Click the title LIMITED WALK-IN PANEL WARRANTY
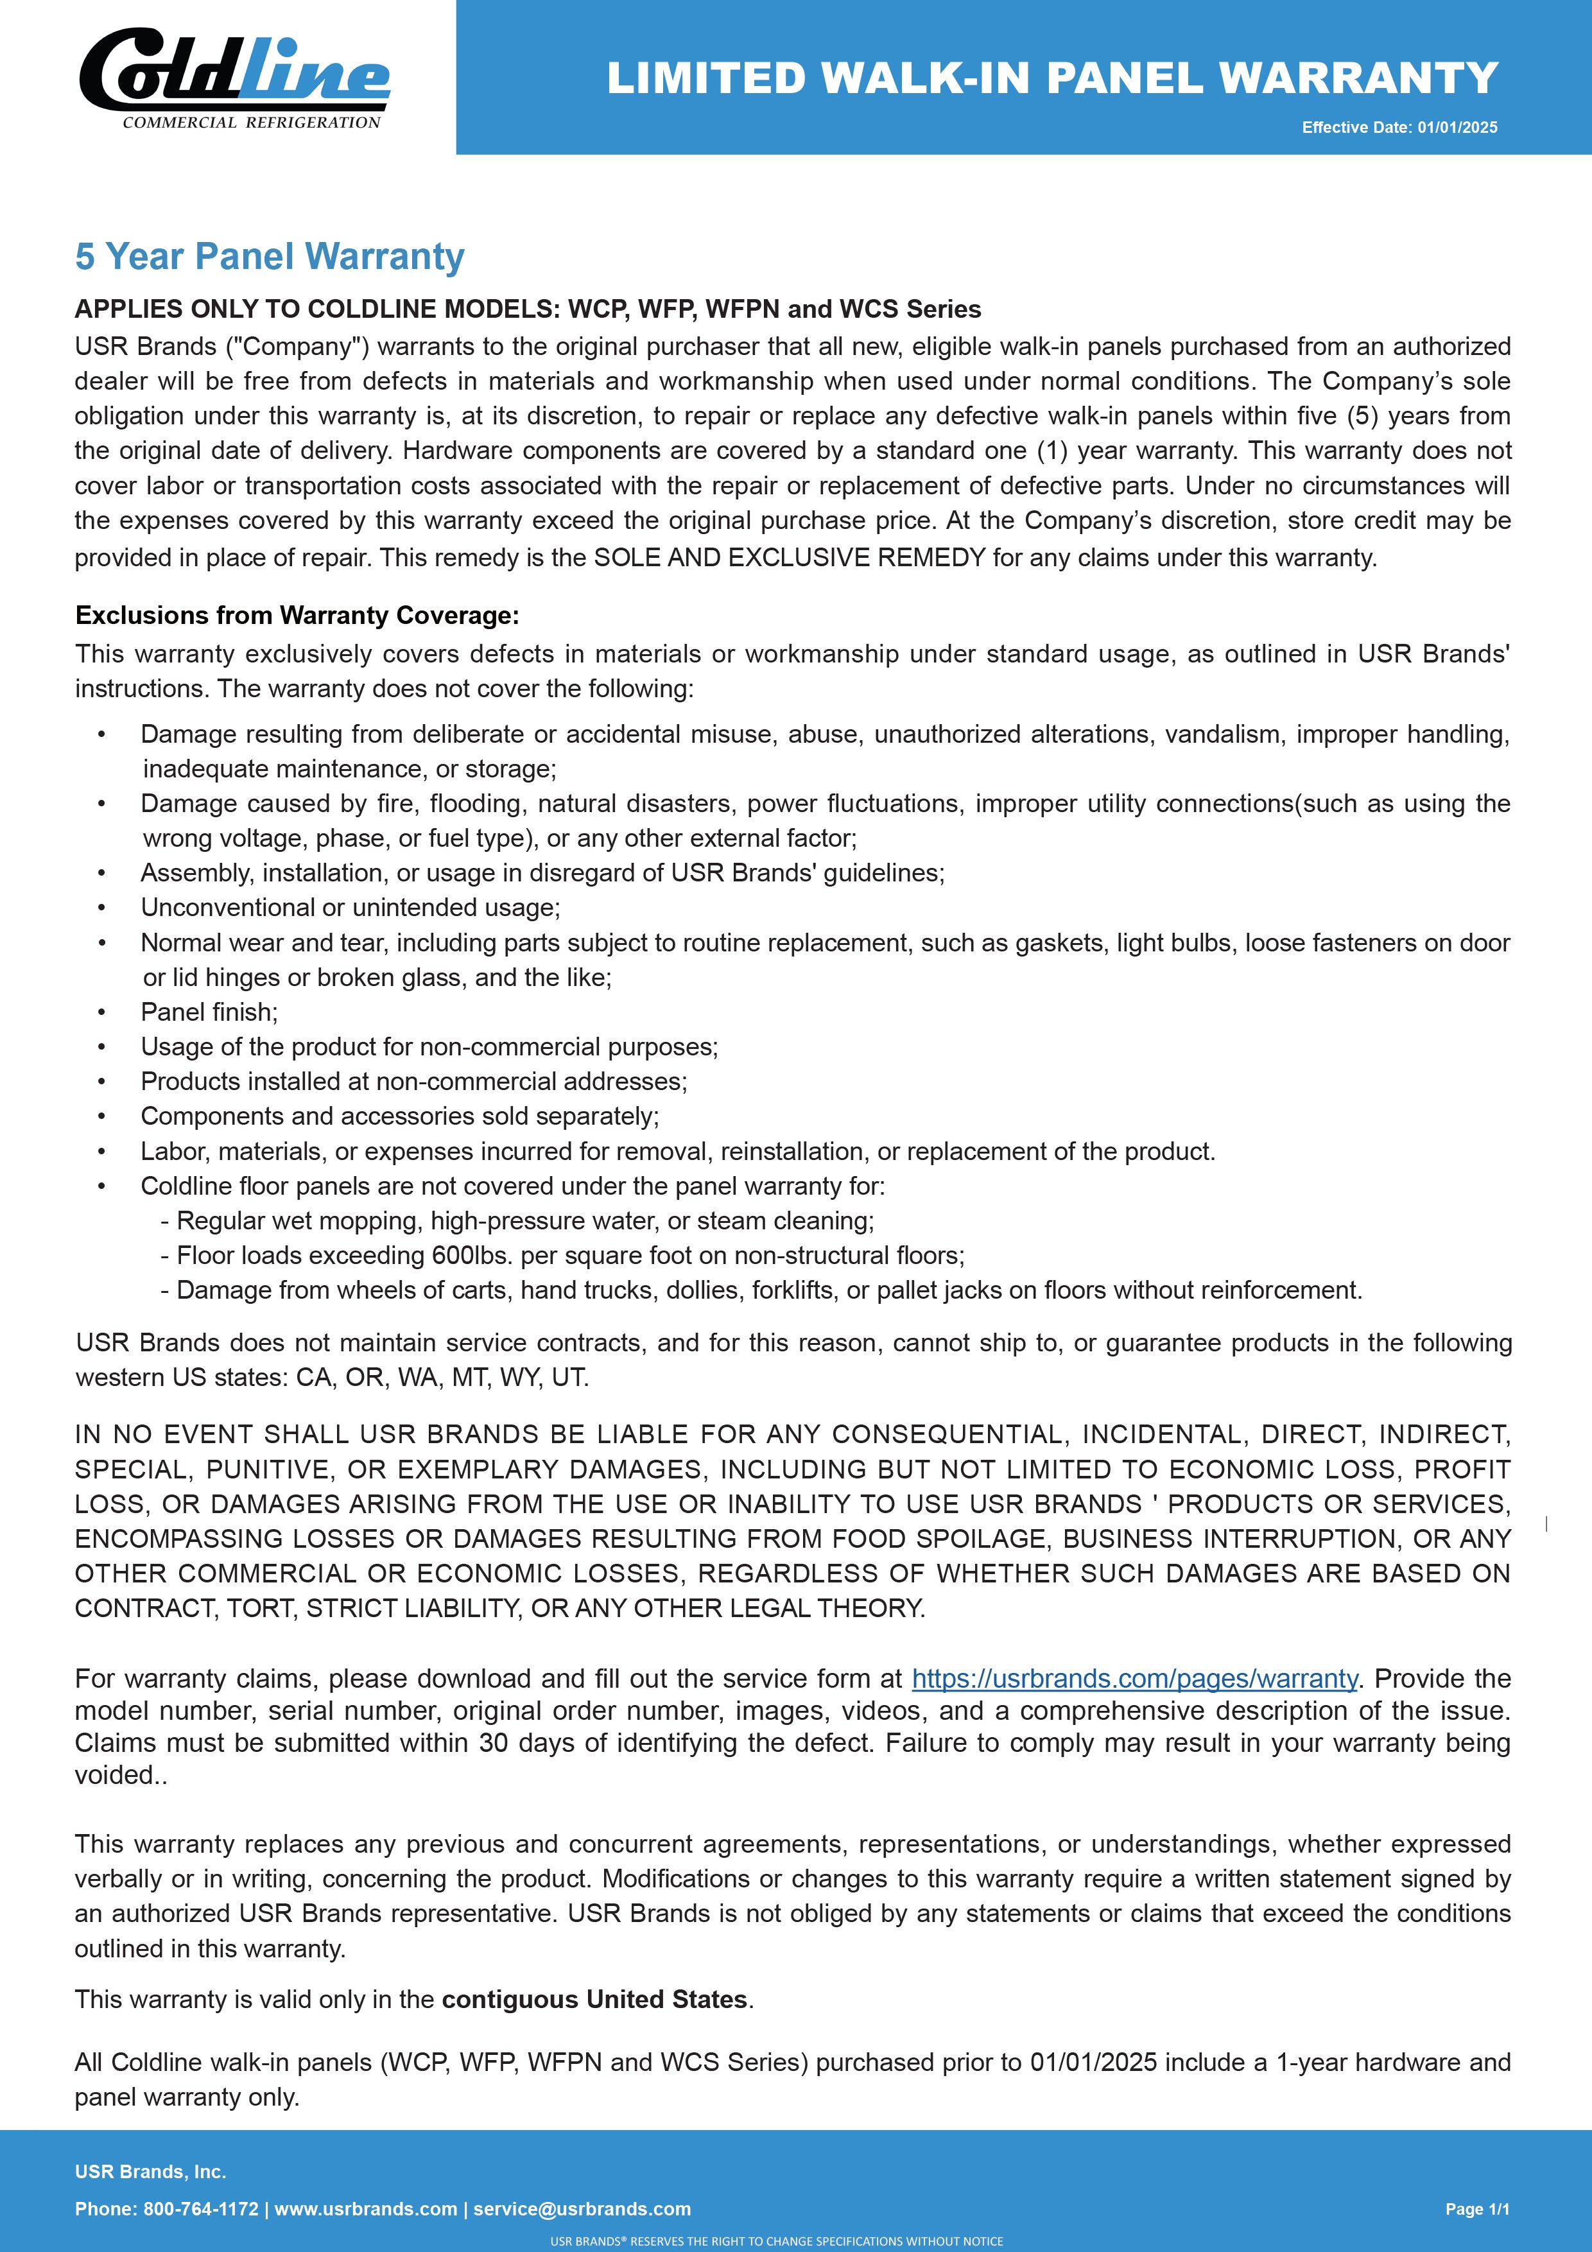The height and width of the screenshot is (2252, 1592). coord(1051,78)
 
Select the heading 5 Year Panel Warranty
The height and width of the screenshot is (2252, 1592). coord(270,256)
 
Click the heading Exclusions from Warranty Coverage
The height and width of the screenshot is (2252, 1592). coord(297,615)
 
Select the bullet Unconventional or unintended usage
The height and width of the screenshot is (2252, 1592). coord(350,907)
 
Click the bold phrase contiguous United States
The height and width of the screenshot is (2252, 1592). coord(594,1999)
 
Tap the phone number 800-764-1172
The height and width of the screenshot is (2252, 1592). coord(201,2209)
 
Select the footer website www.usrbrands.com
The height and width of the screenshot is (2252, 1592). coord(366,2209)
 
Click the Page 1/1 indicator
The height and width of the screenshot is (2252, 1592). coord(1477,2209)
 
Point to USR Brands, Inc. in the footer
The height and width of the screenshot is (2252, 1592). coord(150,2172)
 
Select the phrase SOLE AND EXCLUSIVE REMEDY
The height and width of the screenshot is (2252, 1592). coord(790,557)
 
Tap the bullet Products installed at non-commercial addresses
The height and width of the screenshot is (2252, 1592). coord(414,1081)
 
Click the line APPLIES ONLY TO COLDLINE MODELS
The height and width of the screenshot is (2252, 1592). coord(528,309)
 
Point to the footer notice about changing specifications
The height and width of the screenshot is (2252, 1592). coord(776,2241)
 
